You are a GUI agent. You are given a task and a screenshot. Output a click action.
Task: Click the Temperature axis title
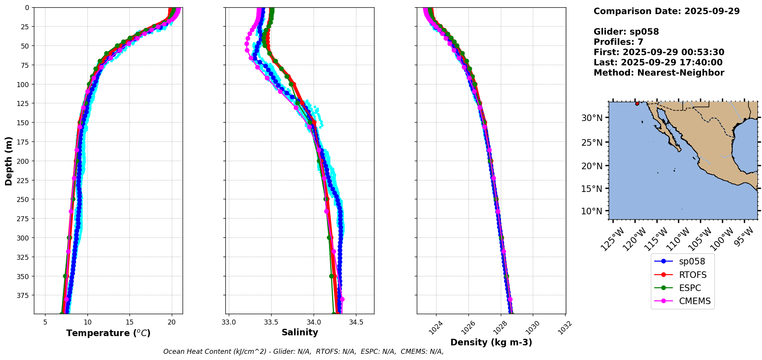click(x=108, y=333)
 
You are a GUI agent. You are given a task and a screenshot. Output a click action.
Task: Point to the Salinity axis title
click(x=300, y=332)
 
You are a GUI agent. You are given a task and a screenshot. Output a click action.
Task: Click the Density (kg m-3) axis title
click(x=491, y=342)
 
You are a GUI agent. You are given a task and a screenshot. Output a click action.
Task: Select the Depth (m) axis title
click(x=8, y=161)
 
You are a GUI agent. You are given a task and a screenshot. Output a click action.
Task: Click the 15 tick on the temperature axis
click(x=129, y=322)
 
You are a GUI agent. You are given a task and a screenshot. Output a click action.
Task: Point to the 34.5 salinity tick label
click(x=356, y=322)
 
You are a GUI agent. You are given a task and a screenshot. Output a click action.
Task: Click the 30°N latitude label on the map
click(x=592, y=118)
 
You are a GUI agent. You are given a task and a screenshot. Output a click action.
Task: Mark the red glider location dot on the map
click(x=637, y=104)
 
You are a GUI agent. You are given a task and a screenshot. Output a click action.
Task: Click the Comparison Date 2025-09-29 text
click(x=666, y=11)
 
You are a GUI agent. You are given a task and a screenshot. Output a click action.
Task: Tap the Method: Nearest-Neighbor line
click(x=659, y=73)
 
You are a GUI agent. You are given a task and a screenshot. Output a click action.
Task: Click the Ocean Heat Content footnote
click(x=303, y=352)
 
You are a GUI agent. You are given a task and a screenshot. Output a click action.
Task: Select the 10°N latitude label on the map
click(x=592, y=211)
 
